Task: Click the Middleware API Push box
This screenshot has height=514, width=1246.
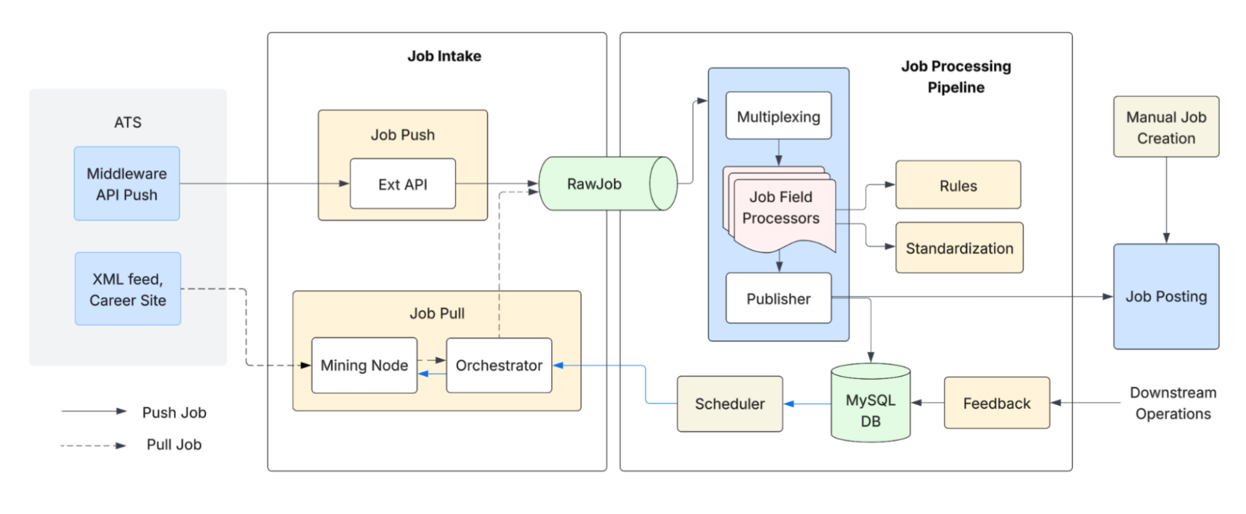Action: pos(127,184)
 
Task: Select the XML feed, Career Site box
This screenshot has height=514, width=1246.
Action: pos(128,289)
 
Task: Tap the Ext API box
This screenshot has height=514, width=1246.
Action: pos(402,184)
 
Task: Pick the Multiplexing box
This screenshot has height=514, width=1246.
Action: pos(778,116)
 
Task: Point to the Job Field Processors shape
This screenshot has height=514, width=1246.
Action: pos(781,208)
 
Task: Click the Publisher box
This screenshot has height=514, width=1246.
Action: pos(778,299)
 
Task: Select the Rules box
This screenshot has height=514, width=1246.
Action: pos(958,186)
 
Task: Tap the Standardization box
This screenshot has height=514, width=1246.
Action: pos(959,248)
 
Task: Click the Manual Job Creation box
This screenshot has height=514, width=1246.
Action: pos(1166,127)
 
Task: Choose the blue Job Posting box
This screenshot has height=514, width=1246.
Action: pos(1166,297)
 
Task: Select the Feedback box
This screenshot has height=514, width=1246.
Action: pos(996,403)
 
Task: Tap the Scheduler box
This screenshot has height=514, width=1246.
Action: pos(729,404)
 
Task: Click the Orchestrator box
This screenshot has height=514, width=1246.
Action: pos(498,365)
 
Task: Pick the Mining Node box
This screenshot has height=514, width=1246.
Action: pos(364,365)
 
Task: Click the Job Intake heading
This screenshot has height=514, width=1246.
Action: pos(444,56)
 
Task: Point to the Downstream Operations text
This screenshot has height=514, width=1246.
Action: pos(1173,403)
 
